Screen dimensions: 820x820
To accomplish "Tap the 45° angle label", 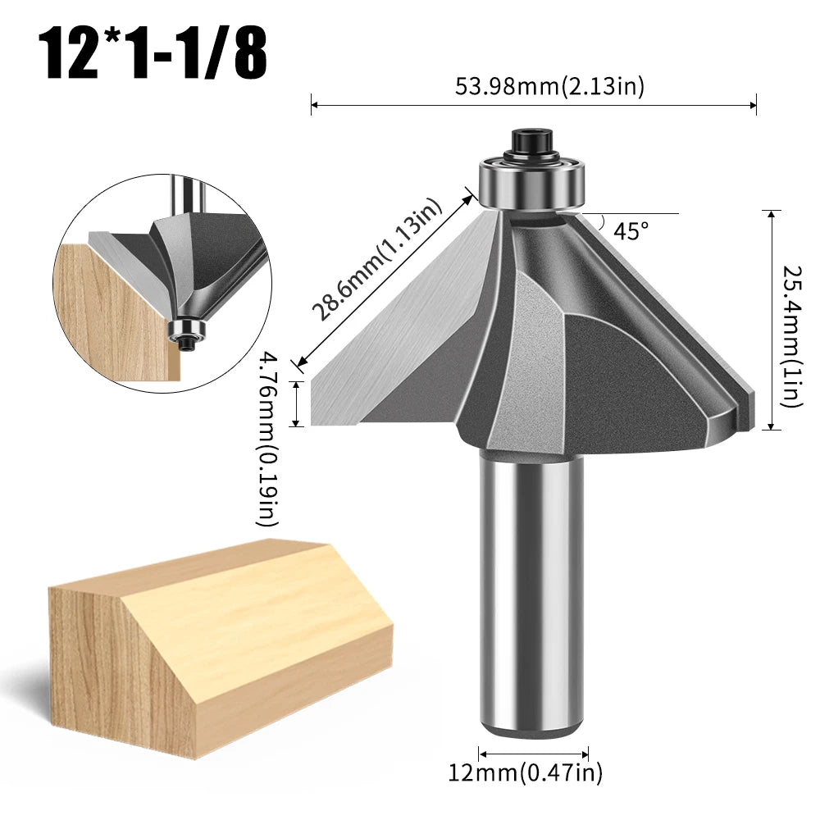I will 630,232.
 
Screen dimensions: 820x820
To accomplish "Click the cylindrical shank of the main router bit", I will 531,590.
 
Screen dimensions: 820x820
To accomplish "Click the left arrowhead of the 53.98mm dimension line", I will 314,104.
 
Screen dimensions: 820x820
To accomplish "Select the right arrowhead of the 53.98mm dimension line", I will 752,104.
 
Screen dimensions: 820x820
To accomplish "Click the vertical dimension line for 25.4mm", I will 771,320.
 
